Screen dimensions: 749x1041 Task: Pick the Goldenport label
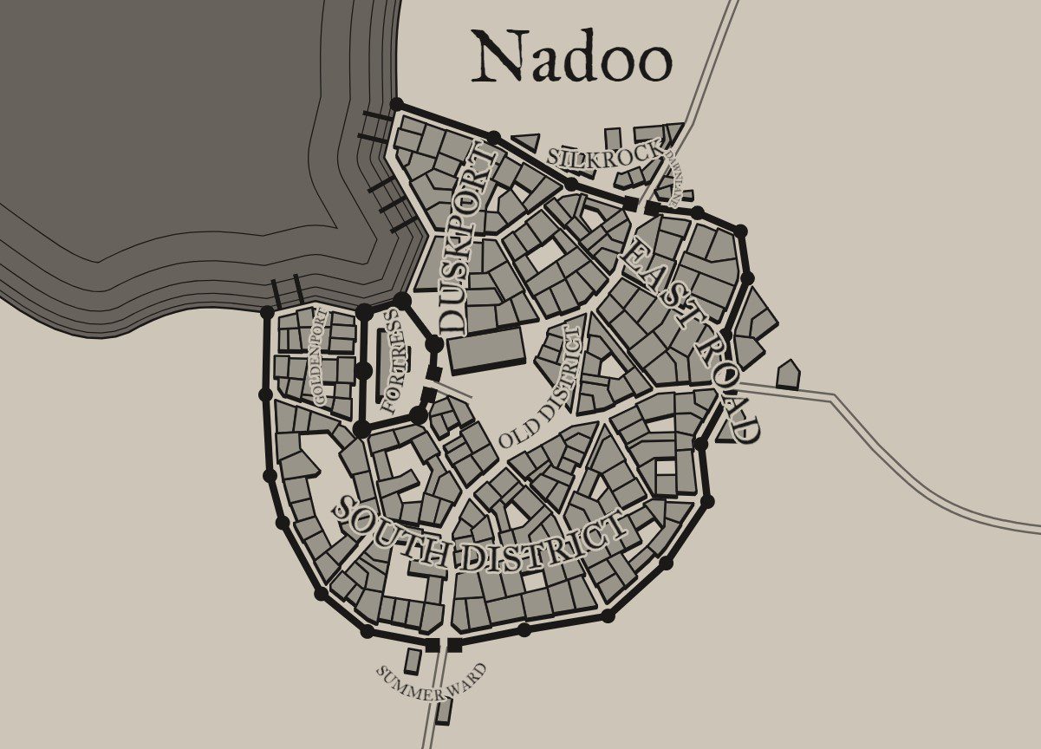(320, 356)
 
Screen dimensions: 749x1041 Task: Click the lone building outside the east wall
(788, 374)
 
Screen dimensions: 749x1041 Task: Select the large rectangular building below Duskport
(486, 352)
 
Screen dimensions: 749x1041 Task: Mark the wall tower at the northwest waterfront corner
(396, 105)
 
